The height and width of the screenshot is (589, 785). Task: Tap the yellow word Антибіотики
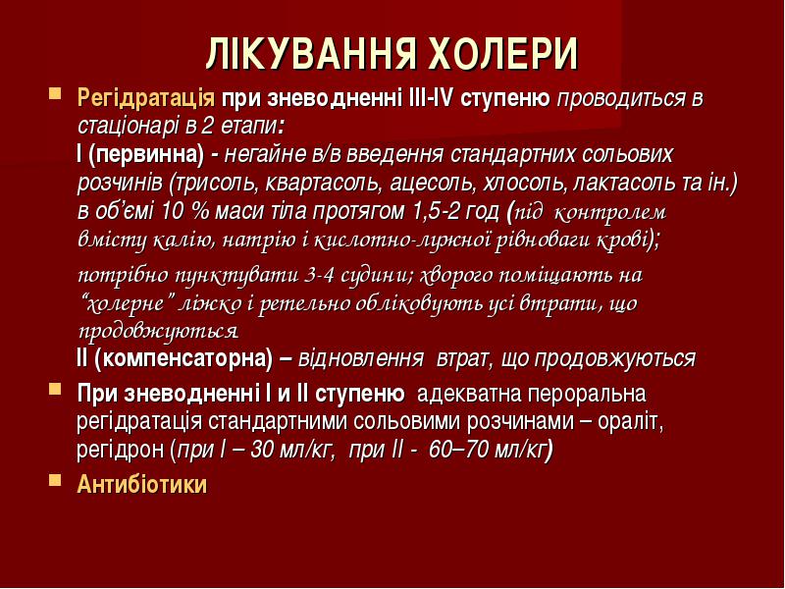141,484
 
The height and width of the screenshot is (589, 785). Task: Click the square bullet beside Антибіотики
55,481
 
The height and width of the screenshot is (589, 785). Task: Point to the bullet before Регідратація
55,93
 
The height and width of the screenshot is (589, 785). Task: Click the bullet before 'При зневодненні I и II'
55,389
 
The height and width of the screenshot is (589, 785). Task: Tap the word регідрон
120,451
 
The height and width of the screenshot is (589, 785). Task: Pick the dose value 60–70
458,450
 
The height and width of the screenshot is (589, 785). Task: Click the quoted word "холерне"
130,303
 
